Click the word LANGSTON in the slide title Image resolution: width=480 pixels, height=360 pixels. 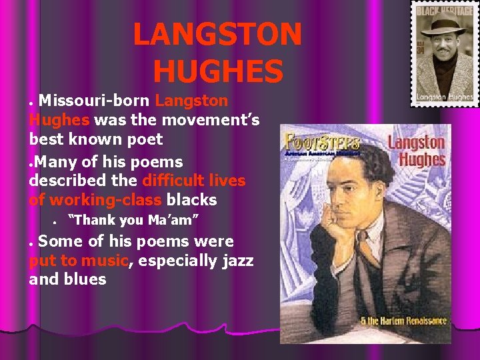pyautogui.click(x=217, y=35)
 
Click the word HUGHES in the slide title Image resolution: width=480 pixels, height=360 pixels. pyautogui.click(x=217, y=71)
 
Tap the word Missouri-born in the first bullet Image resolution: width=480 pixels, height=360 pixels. pyautogui.click(x=95, y=101)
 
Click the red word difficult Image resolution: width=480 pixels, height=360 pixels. pyautogui.click(x=175, y=181)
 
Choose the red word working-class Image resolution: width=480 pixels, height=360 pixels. pyautogui.click(x=105, y=200)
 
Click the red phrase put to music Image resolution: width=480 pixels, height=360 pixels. pyautogui.click(x=78, y=261)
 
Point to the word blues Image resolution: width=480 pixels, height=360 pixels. pyautogui.click(x=86, y=279)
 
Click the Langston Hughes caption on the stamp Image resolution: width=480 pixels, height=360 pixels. pyautogui.click(x=443, y=96)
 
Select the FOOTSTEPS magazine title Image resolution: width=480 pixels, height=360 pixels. pyautogui.click(x=323, y=143)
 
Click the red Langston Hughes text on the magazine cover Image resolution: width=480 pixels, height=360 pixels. pyautogui.click(x=416, y=151)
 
